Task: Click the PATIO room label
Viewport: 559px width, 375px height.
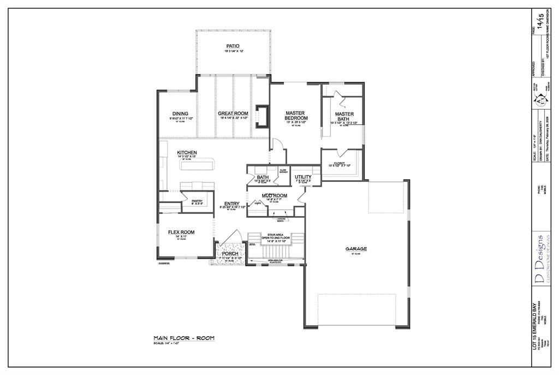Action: point(233,46)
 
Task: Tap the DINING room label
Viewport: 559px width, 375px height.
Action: point(180,114)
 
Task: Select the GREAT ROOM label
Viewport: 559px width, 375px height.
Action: point(233,114)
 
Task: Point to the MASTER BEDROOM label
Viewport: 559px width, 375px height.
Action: point(296,116)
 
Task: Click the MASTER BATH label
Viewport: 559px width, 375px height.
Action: point(344,116)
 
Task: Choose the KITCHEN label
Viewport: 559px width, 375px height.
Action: point(187,153)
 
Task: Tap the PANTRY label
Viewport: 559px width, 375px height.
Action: point(197,201)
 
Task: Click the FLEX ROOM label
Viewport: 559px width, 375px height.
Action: point(181,233)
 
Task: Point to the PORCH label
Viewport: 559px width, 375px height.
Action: point(230,254)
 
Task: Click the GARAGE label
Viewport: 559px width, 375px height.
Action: point(356,249)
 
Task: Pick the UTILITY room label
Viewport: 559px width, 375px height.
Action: point(303,177)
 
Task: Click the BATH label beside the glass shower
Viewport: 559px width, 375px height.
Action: point(263,177)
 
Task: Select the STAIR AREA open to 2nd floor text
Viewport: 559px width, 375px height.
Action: point(275,236)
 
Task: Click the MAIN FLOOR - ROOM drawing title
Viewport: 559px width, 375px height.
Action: point(184,338)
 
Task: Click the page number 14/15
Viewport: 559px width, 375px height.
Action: point(541,21)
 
